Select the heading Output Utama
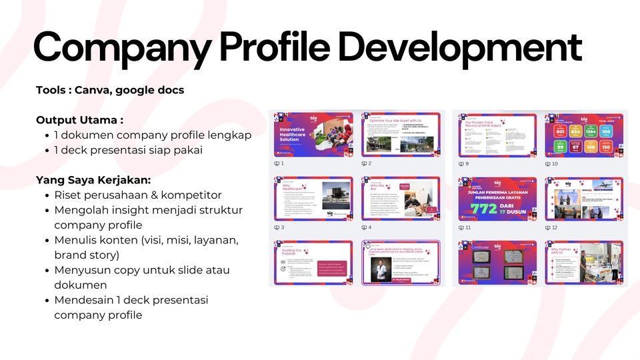[x=79, y=120]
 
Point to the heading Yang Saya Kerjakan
[x=93, y=180]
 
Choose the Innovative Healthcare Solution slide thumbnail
[x=314, y=135]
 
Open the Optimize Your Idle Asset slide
[x=401, y=135]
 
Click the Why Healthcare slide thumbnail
[x=314, y=199]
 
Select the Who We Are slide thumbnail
[x=401, y=199]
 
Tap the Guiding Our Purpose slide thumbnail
[x=314, y=262]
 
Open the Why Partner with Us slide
[x=584, y=262]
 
